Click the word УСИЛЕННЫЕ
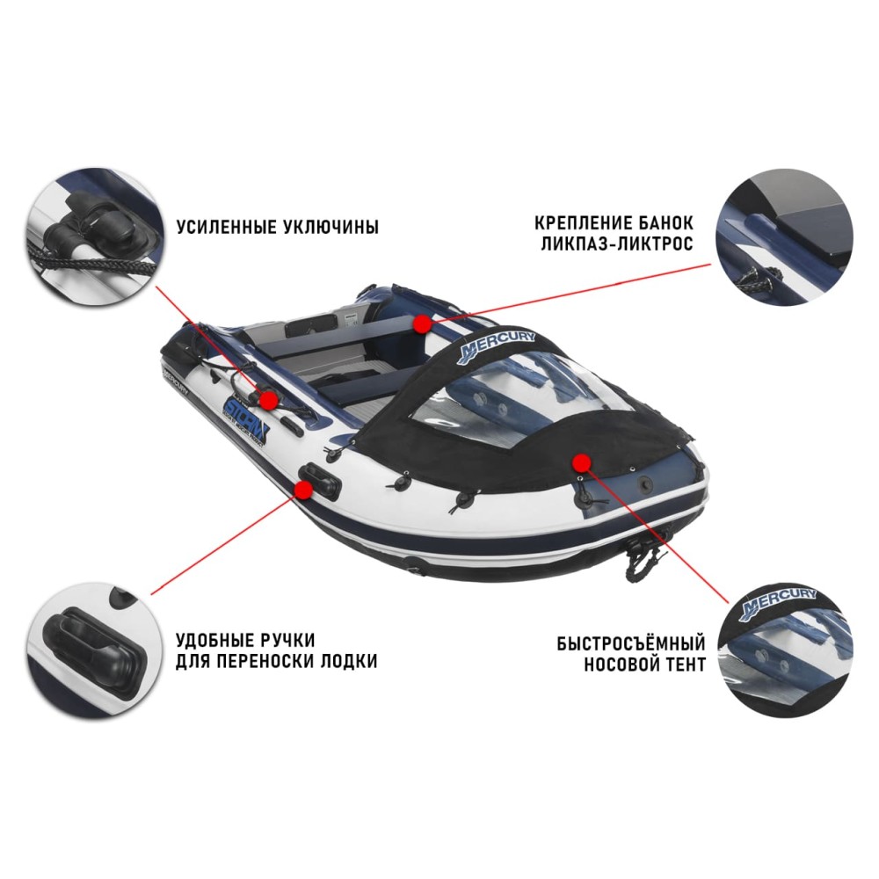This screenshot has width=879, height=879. (x=226, y=228)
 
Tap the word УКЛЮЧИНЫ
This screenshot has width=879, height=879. (x=331, y=228)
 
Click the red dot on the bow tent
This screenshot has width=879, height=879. (x=579, y=461)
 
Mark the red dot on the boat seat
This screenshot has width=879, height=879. (x=424, y=323)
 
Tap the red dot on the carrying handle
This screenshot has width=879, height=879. (x=301, y=492)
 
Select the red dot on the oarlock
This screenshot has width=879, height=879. (x=270, y=400)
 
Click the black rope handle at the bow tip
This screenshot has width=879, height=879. (x=649, y=550)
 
